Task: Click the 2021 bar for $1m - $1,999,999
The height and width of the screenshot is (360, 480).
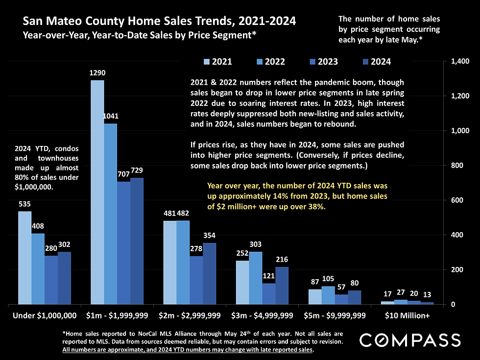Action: (97, 192)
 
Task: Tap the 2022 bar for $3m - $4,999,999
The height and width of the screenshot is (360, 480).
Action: (255, 278)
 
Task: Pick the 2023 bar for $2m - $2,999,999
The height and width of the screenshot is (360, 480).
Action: (196, 280)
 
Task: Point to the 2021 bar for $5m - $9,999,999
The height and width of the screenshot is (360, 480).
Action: (315, 296)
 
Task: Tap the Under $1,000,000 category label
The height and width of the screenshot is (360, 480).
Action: (45, 315)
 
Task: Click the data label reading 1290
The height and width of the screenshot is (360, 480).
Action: (97, 73)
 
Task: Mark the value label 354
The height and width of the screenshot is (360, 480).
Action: (209, 236)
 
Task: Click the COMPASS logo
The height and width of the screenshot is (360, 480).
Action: (410, 340)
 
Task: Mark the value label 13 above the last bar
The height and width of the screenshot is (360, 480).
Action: (427, 295)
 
